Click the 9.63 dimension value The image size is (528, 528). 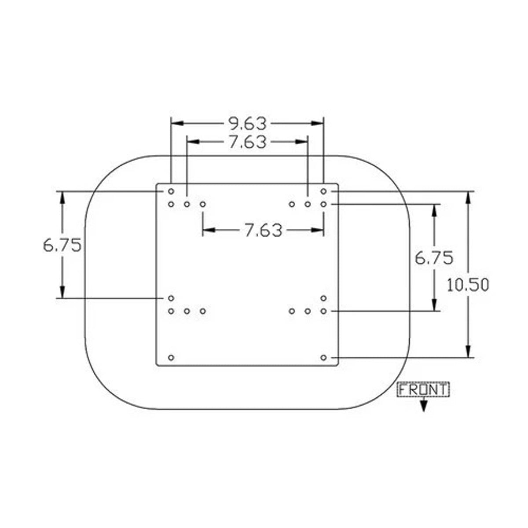click(x=247, y=124)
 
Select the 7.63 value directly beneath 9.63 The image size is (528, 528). click(x=247, y=142)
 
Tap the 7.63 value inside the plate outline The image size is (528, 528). click(x=263, y=230)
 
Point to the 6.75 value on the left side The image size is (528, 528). click(x=62, y=245)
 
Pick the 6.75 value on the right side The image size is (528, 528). click(x=434, y=258)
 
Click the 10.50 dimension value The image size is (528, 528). click(x=468, y=285)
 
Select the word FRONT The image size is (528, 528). click(x=423, y=390)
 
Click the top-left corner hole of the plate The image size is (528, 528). click(x=171, y=191)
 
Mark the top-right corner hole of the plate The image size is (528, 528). click(x=323, y=191)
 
